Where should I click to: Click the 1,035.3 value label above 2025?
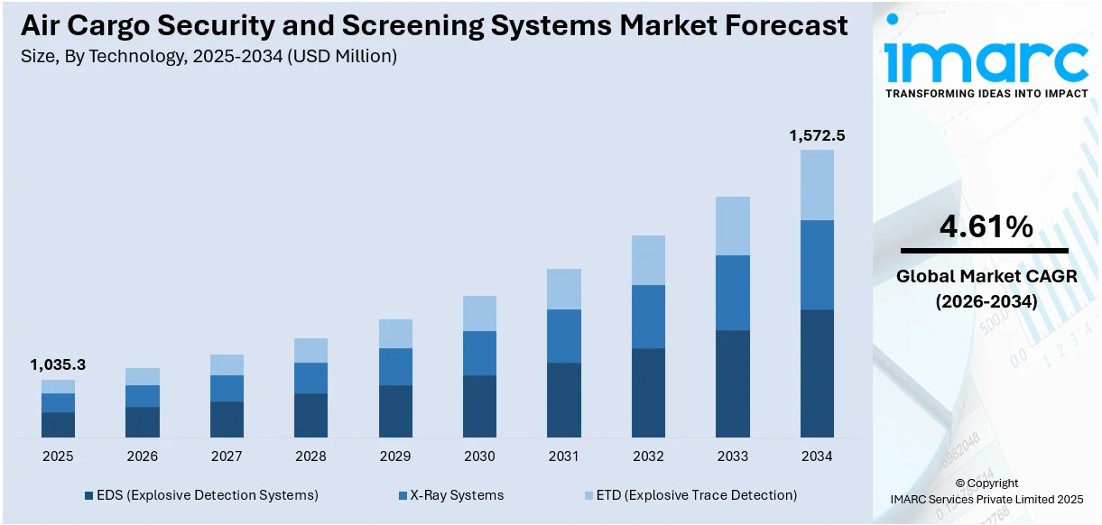click(x=58, y=365)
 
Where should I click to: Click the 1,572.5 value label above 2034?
click(x=817, y=135)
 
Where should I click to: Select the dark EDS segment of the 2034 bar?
click(x=817, y=373)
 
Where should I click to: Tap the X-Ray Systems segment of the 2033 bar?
click(x=733, y=292)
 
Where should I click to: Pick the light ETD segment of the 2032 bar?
click(x=648, y=260)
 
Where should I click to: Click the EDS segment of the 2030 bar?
click(x=479, y=406)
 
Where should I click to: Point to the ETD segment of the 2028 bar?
click(x=310, y=350)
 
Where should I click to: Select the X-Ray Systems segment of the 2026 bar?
click(x=143, y=396)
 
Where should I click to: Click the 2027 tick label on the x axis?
click(x=227, y=456)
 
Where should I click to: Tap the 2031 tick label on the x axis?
click(x=564, y=456)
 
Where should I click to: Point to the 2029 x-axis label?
click(x=395, y=456)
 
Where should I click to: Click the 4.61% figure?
click(x=986, y=227)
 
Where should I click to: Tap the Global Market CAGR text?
click(x=986, y=277)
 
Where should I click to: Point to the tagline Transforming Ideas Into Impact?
click(x=986, y=94)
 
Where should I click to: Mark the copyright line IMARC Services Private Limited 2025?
click(x=986, y=499)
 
